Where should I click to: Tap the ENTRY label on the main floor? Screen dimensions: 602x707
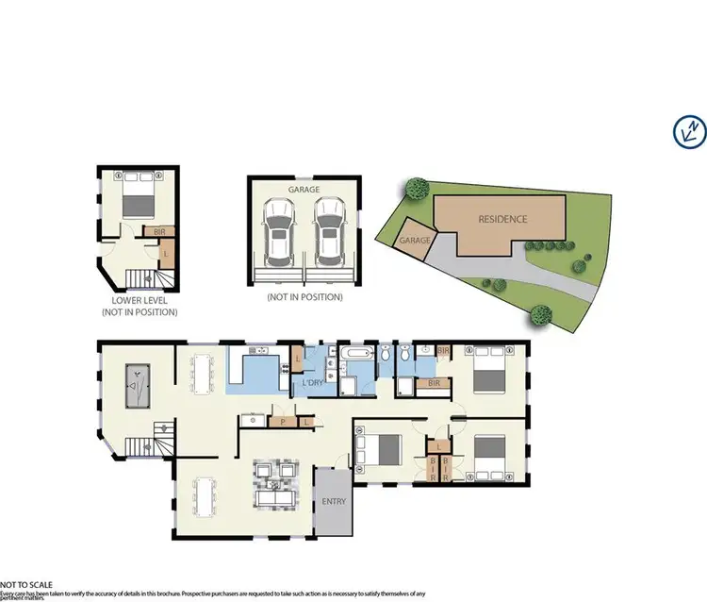(x=333, y=501)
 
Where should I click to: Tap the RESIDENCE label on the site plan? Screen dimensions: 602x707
(x=502, y=219)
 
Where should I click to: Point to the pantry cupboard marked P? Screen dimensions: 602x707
(x=282, y=422)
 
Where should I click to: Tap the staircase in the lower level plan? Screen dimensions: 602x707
(x=142, y=278)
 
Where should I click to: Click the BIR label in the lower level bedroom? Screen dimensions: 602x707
(x=156, y=230)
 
